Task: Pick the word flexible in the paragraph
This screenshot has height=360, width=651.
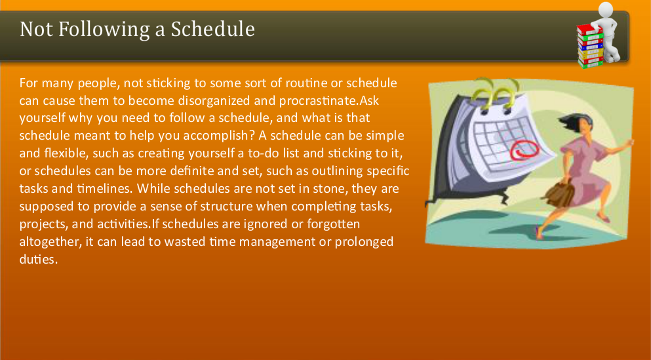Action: [x=63, y=153]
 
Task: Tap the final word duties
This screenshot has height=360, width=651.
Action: [x=38, y=259]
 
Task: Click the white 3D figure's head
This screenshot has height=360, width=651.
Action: [x=606, y=9]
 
